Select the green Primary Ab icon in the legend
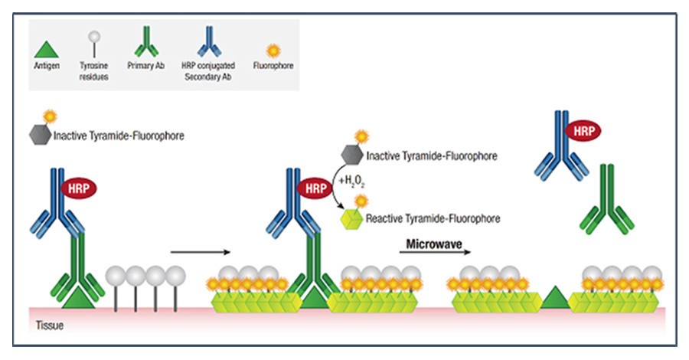(x=142, y=43)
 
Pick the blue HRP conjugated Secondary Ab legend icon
(x=207, y=43)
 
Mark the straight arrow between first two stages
(x=200, y=250)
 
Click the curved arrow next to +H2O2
(x=338, y=188)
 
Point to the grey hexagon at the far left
(x=39, y=135)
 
